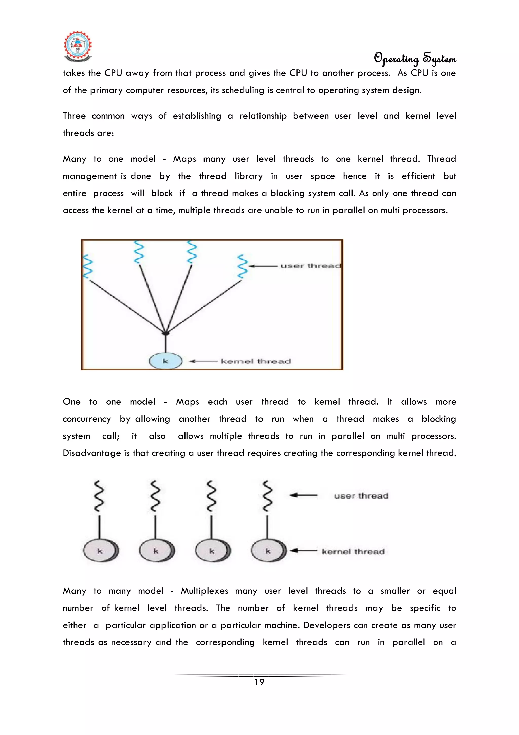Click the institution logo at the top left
78,46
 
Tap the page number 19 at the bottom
259,682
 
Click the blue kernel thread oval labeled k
165,361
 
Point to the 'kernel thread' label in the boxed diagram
256,362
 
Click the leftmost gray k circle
100,551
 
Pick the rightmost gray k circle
268,551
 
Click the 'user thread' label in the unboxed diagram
361,496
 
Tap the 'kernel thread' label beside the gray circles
353,552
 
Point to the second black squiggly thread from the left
155,495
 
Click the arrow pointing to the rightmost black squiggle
303,495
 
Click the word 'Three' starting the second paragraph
74,116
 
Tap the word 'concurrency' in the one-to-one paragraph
87,419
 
